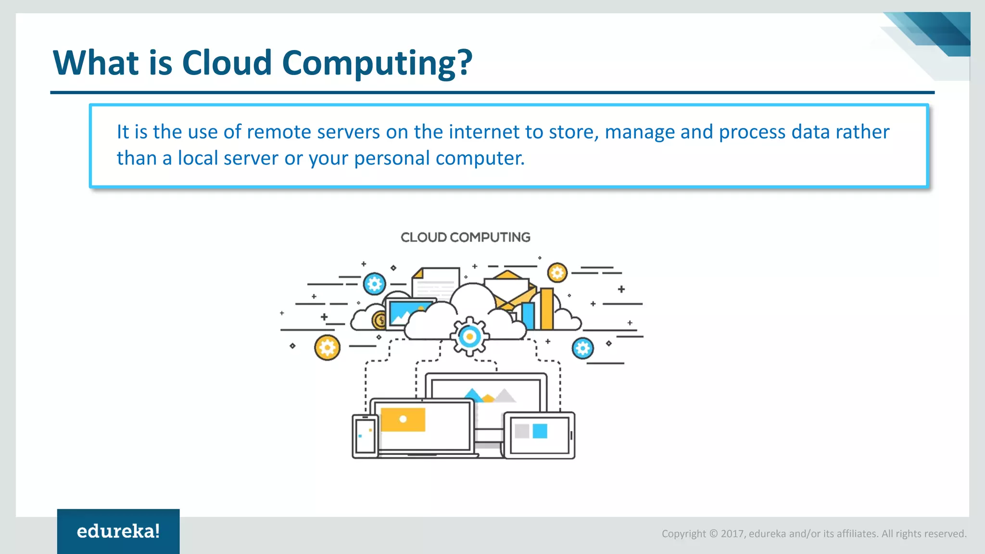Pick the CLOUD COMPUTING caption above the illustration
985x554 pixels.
[465, 237]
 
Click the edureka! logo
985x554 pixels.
[118, 531]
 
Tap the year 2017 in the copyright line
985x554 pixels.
[732, 534]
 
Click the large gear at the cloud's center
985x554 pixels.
[469, 337]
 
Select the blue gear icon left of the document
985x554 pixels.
[374, 284]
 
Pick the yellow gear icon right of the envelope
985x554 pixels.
[557, 273]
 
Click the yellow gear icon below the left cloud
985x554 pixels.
[327, 347]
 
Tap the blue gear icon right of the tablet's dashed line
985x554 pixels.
[582, 348]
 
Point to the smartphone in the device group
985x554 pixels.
[365, 436]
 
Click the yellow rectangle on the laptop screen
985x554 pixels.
[403, 419]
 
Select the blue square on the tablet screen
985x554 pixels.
[540, 430]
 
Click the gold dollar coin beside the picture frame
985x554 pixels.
[379, 320]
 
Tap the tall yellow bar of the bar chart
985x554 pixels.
[547, 309]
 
